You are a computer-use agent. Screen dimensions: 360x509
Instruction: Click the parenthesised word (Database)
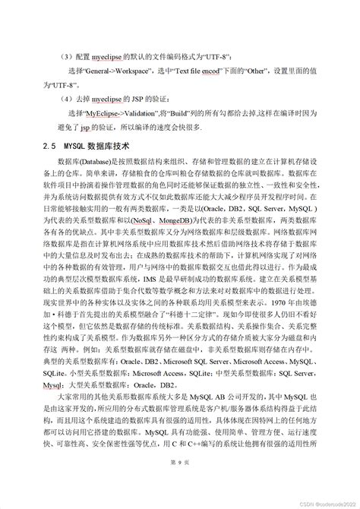pos(100,163)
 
